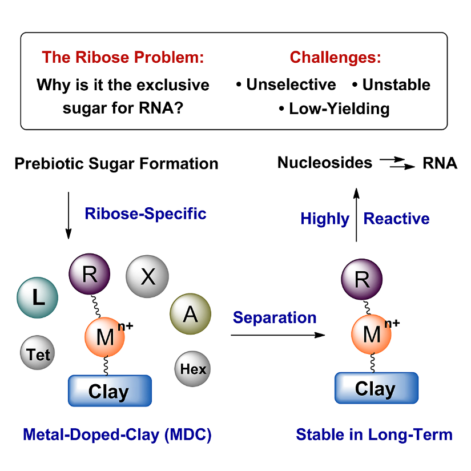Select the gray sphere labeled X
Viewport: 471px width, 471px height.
pyautogui.click(x=147, y=277)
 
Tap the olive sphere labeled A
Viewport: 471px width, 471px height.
pyautogui.click(x=191, y=314)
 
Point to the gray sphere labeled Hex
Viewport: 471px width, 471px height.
pyautogui.click(x=192, y=369)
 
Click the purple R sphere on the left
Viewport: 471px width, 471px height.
pyautogui.click(x=90, y=275)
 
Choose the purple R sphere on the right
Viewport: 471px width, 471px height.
pyautogui.click(x=362, y=279)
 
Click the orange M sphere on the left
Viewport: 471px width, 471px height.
pyautogui.click(x=105, y=337)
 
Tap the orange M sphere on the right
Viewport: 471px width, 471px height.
pyautogui.click(x=372, y=334)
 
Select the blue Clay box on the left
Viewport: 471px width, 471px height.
pyautogui.click(x=110, y=391)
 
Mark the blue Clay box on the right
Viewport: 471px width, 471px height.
pyautogui.click(x=376, y=388)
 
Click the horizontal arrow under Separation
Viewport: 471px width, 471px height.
pyautogui.click(x=277, y=336)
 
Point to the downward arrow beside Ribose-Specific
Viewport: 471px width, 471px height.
pyautogui.click(x=69, y=215)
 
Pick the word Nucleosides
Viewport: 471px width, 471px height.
pyautogui.click(x=325, y=163)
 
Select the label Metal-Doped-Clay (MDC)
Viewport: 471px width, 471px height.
pyautogui.click(x=117, y=435)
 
